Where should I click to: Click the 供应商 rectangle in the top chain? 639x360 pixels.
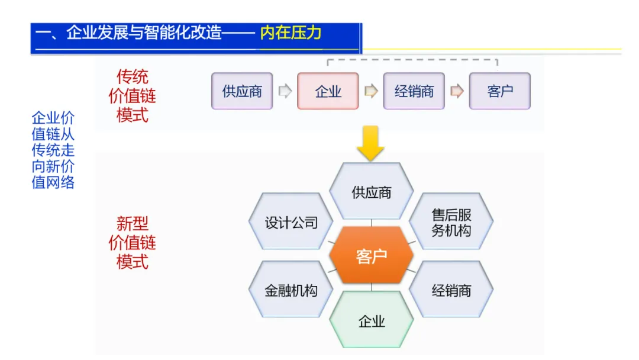click(242, 91)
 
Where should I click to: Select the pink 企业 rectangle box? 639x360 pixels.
click(328, 91)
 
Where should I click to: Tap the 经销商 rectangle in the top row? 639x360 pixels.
click(414, 91)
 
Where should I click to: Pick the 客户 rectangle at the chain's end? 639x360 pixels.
click(499, 91)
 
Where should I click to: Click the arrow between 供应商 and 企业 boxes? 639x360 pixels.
click(285, 91)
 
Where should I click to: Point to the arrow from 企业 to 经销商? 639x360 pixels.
click(371, 91)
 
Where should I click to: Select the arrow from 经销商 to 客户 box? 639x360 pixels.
click(457, 91)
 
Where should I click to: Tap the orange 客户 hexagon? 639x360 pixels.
click(371, 256)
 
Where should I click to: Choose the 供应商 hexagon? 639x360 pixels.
click(371, 192)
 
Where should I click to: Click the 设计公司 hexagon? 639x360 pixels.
click(291, 222)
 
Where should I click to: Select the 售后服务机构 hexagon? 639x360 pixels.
click(451, 222)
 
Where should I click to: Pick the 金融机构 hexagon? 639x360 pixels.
click(291, 290)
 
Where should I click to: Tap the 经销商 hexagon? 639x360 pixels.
click(451, 290)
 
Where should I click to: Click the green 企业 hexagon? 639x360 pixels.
click(371, 321)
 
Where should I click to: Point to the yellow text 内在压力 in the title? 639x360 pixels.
click(291, 33)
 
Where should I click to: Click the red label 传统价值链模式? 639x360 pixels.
click(132, 95)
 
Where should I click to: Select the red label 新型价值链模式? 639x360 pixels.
click(132, 242)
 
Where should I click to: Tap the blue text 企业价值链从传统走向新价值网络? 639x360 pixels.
click(53, 150)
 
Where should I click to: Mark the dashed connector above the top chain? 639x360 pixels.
click(412, 59)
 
